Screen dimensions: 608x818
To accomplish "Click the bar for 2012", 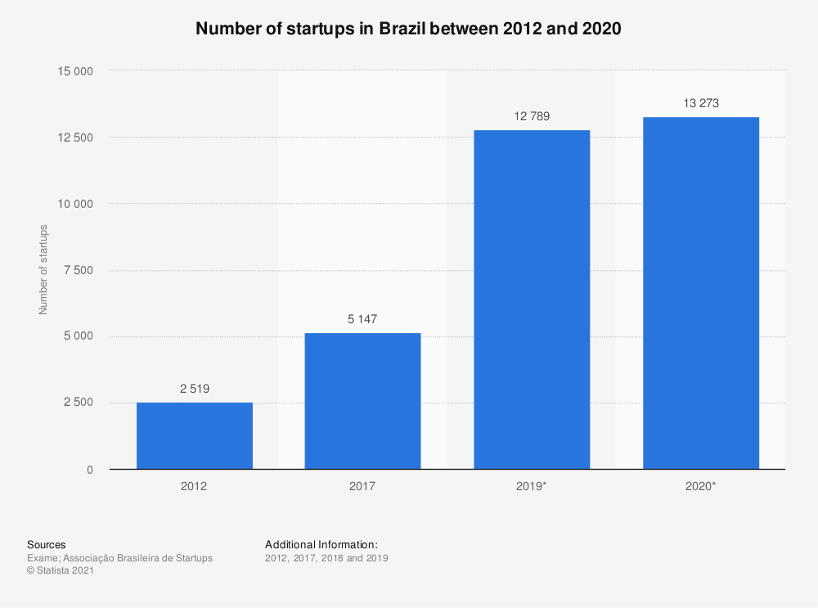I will tap(194, 435).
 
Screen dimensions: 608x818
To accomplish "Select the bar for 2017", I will tap(362, 401).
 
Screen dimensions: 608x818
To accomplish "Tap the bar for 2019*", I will tap(532, 299).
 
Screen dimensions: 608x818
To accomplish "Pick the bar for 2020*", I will tap(700, 293).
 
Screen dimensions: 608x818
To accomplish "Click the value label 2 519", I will tap(195, 389).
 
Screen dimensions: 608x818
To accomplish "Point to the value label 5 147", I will tap(362, 319).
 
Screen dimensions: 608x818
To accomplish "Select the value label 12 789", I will tap(532, 116).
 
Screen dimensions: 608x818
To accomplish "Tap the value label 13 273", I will tap(700, 103).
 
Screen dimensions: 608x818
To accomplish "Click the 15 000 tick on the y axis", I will tap(75, 71).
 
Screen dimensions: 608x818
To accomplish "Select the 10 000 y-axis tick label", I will tap(75, 204).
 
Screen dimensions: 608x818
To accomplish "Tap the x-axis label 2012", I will tap(194, 486).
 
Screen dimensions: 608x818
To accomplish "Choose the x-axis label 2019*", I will tap(532, 486).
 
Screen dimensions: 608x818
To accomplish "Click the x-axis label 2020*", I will tap(700, 486).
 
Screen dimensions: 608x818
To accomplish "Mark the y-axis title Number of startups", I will tap(43, 269).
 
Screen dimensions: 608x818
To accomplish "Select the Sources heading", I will tap(47, 544).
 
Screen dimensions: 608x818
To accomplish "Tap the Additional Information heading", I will tap(321, 544).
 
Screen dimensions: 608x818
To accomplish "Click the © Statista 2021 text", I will tap(61, 571).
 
